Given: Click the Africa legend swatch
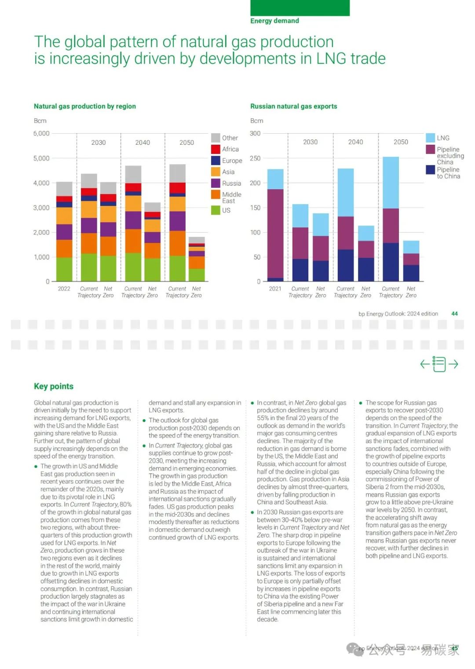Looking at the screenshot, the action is click(x=216, y=149).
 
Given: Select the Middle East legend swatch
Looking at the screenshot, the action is click(x=216, y=194).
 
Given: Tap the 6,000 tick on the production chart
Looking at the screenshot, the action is click(x=41, y=133).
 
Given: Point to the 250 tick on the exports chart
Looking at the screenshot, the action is click(x=255, y=158).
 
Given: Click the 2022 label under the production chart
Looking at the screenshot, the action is click(x=64, y=289).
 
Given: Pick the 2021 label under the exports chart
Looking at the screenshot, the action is click(x=275, y=289).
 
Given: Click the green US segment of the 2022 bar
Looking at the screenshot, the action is click(x=64, y=269).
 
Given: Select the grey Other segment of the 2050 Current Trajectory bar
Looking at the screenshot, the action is click(x=177, y=173).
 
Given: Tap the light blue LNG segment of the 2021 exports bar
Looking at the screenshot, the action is click(x=275, y=179).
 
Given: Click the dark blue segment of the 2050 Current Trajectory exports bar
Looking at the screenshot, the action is click(x=391, y=262).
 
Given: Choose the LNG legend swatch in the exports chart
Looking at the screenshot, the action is click(x=430, y=138).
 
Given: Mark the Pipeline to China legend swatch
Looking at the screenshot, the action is click(x=430, y=170).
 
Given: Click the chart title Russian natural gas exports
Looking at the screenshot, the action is click(x=294, y=106).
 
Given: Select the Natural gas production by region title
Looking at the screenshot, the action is click(x=85, y=106).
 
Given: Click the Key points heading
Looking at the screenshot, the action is click(x=54, y=386).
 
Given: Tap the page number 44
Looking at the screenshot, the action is click(x=454, y=314).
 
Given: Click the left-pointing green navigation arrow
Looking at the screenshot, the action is click(x=425, y=364).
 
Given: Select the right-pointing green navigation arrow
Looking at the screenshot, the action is click(x=453, y=364).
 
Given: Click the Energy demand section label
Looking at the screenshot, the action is click(x=275, y=21).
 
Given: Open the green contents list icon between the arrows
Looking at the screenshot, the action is click(x=439, y=364).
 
